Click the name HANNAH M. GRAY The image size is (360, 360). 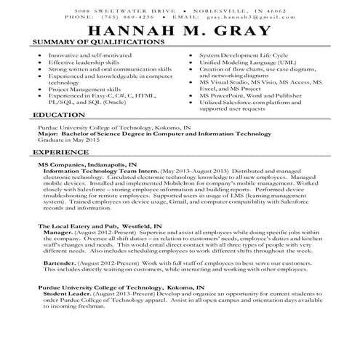click(180, 31)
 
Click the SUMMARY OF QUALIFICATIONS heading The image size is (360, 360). click(97, 44)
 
